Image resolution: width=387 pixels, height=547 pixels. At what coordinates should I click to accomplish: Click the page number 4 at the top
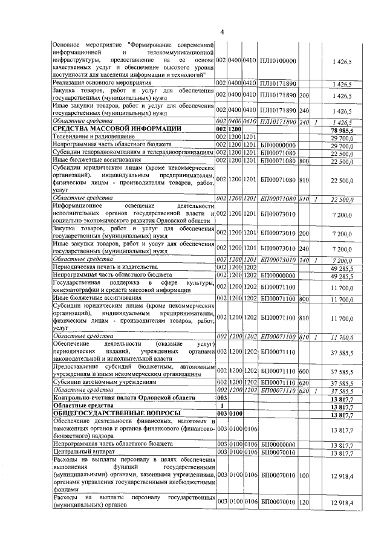[222, 32]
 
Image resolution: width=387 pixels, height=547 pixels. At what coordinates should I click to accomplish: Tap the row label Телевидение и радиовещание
[88, 138]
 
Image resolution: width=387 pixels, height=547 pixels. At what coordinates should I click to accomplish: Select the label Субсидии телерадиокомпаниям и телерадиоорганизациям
[133, 153]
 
